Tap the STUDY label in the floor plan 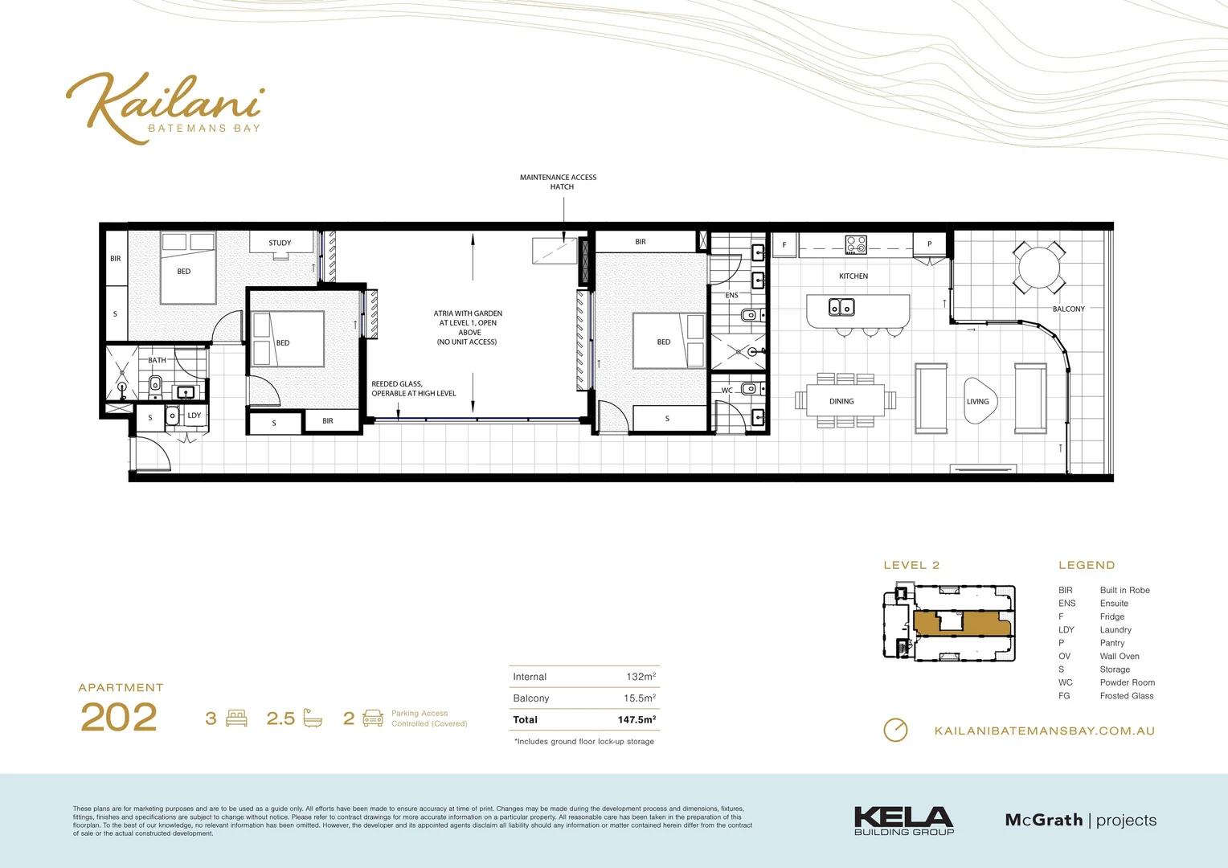coord(280,243)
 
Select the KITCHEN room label coord(853,276)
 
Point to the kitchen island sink coord(841,307)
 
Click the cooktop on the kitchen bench coord(856,244)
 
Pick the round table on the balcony coord(1039,268)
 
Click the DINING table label coord(841,401)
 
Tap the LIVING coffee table coord(979,401)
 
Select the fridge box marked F coord(784,245)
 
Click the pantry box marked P coord(930,244)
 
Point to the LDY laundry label coord(194,416)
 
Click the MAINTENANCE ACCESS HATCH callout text coord(559,182)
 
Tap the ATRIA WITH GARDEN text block coord(468,328)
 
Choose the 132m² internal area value coord(641,677)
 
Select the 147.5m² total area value coord(637,720)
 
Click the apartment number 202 coord(119,717)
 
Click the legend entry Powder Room coord(1127,683)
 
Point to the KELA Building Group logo coord(904,821)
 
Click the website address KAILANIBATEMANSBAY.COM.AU coord(1044,731)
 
